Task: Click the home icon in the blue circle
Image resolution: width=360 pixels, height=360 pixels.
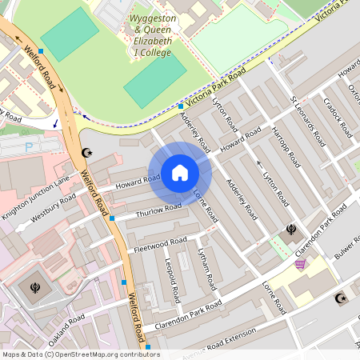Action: click(180, 173)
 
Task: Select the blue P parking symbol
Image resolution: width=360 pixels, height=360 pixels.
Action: click(30, 146)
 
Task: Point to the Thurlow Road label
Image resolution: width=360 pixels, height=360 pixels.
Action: click(158, 210)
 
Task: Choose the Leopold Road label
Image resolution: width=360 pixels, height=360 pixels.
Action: click(170, 276)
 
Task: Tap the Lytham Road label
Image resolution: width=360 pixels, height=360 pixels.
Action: click(207, 268)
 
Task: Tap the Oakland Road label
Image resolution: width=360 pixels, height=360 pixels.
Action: click(66, 330)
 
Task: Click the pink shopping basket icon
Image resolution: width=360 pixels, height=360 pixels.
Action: click(300, 264)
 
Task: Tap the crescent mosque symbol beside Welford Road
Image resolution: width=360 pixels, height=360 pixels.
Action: click(87, 152)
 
